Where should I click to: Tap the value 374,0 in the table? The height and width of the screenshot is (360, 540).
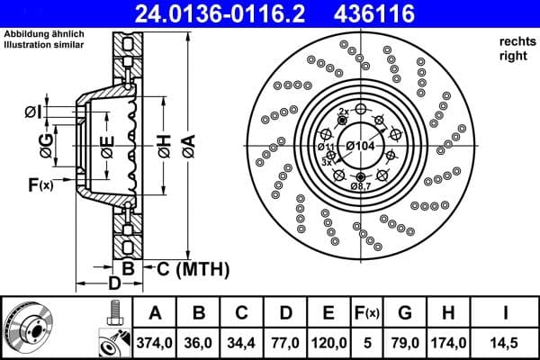[155, 342]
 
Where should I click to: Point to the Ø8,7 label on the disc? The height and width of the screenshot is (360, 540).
[361, 185]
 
